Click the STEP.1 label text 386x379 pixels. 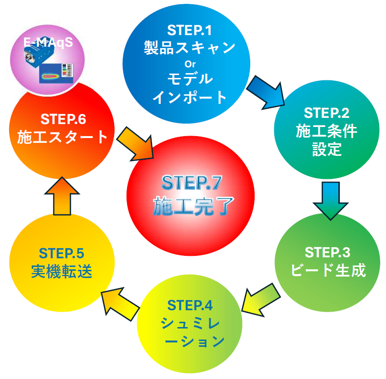(190, 30)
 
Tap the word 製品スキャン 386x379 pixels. (190, 47)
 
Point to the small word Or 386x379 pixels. (190, 63)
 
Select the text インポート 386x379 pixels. (190, 97)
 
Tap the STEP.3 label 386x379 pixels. (327, 252)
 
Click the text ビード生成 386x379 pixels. (327, 270)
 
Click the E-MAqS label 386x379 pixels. (48, 42)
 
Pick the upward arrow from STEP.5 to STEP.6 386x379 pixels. (62, 196)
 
